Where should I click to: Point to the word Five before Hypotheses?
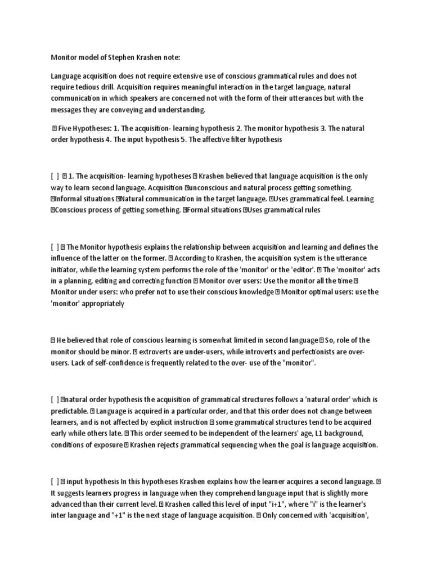66,129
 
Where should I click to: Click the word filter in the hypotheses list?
233,139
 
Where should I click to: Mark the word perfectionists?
310,352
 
